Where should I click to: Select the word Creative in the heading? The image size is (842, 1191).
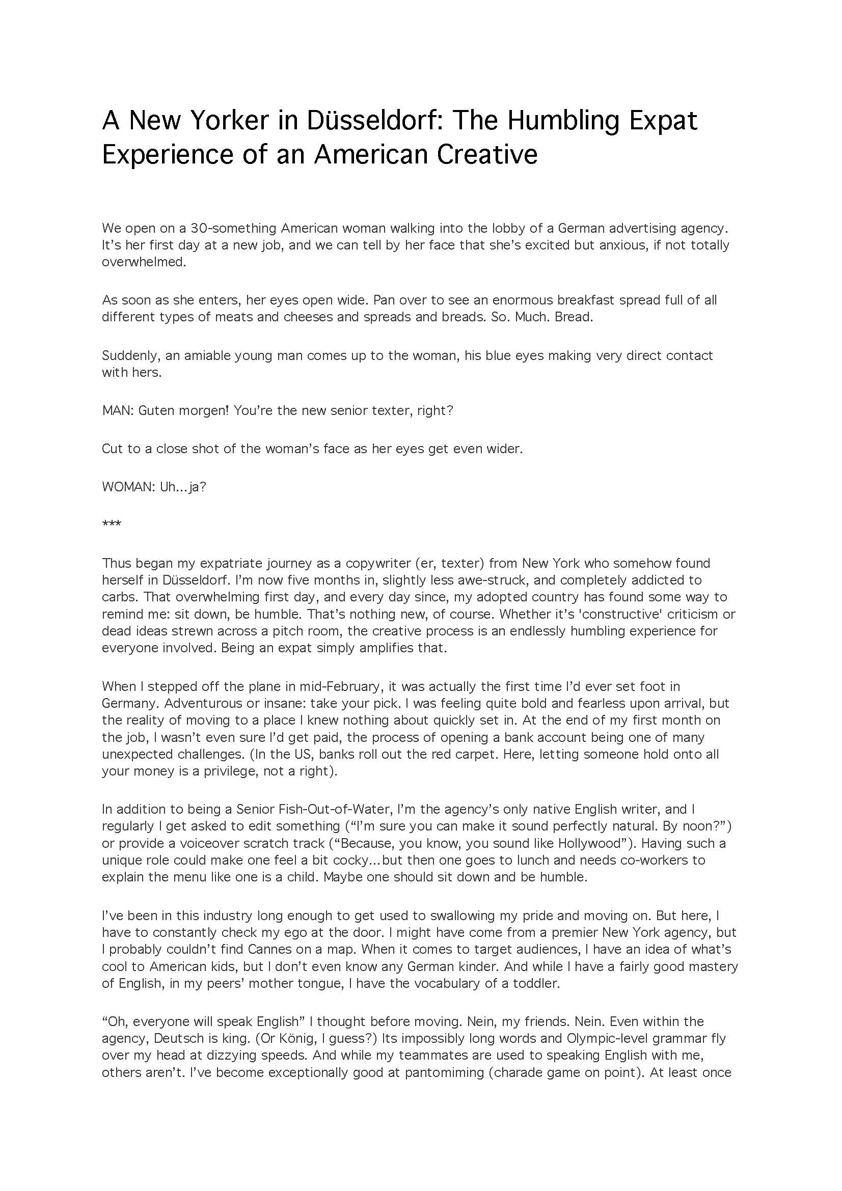pyautogui.click(x=486, y=154)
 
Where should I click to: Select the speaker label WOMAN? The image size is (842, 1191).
pyautogui.click(x=128, y=488)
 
